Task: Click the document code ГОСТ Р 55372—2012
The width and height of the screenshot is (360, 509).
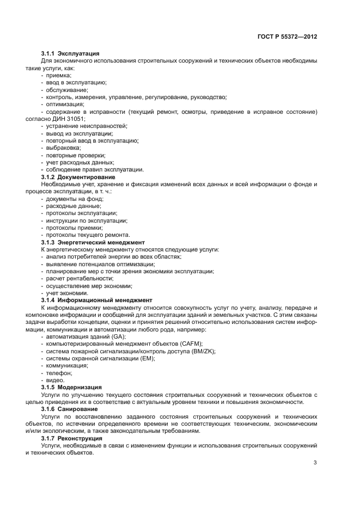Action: coord(286,36)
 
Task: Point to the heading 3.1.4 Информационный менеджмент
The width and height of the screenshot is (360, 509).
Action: coord(96,300)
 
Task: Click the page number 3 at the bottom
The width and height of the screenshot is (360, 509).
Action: coord(315,463)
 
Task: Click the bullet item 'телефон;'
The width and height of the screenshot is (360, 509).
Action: coord(59,373)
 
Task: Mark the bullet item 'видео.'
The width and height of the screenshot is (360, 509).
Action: coord(56,380)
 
